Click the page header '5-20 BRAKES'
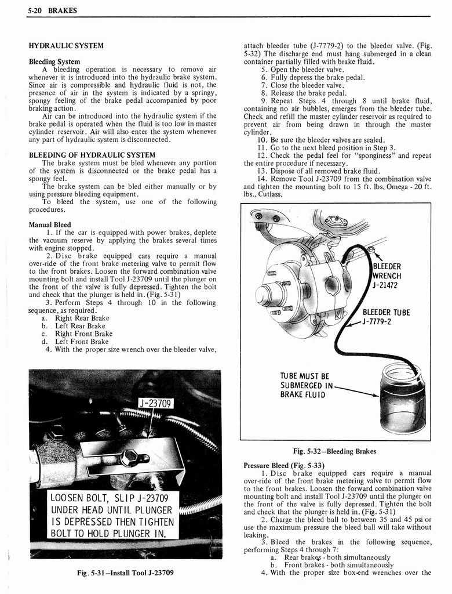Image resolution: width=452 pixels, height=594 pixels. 52,10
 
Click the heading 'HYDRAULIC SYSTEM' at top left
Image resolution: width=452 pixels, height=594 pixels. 66,45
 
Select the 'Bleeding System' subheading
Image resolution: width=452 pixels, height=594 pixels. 54,61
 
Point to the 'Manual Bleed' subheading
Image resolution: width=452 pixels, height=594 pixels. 50,224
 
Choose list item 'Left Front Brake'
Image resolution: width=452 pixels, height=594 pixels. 81,342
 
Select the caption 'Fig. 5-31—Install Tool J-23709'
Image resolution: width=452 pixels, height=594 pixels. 124,573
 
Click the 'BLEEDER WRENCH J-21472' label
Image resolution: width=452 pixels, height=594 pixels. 387,276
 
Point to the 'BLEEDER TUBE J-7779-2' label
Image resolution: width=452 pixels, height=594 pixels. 385,317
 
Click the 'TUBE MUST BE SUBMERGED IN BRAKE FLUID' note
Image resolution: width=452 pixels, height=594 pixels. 305,385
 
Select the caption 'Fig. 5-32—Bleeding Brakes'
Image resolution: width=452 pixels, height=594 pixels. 336,451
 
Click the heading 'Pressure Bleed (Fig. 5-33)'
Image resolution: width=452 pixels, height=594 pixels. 283,465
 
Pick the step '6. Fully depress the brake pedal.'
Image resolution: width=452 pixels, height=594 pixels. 313,77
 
